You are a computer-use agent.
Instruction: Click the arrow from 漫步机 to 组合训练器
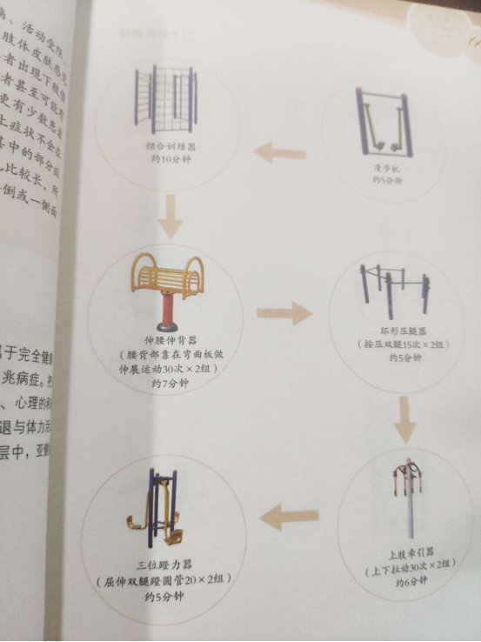279,154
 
